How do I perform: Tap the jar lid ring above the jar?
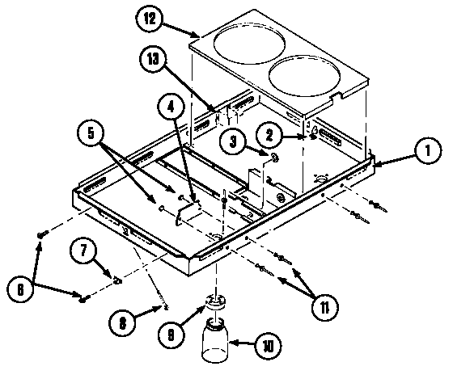(x=214, y=301)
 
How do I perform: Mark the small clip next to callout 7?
(x=118, y=280)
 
